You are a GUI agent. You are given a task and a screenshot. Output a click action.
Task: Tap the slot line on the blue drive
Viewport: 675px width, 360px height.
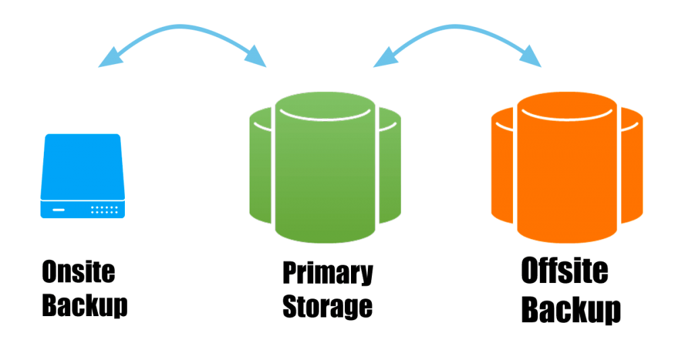tap(59, 209)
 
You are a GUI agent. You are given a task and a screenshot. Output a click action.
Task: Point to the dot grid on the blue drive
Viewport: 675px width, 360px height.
tap(105, 209)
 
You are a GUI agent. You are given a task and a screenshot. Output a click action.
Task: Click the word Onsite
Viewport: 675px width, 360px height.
tap(78, 272)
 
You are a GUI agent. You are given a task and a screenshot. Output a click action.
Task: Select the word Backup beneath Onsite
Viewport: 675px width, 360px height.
tap(86, 305)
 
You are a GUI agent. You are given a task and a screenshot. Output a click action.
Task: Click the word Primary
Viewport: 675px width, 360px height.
tap(328, 274)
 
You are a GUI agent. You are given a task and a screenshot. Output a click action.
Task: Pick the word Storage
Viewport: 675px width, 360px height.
tap(327, 305)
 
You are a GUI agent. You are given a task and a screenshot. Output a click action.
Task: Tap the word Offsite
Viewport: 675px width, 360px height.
tap(564, 272)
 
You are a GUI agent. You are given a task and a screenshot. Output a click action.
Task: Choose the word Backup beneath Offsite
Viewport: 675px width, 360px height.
tap(572, 309)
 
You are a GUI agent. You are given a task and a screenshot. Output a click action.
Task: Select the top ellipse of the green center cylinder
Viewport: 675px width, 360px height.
tap(325, 105)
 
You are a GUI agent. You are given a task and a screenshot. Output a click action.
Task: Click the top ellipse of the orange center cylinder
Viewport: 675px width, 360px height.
tap(566, 107)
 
